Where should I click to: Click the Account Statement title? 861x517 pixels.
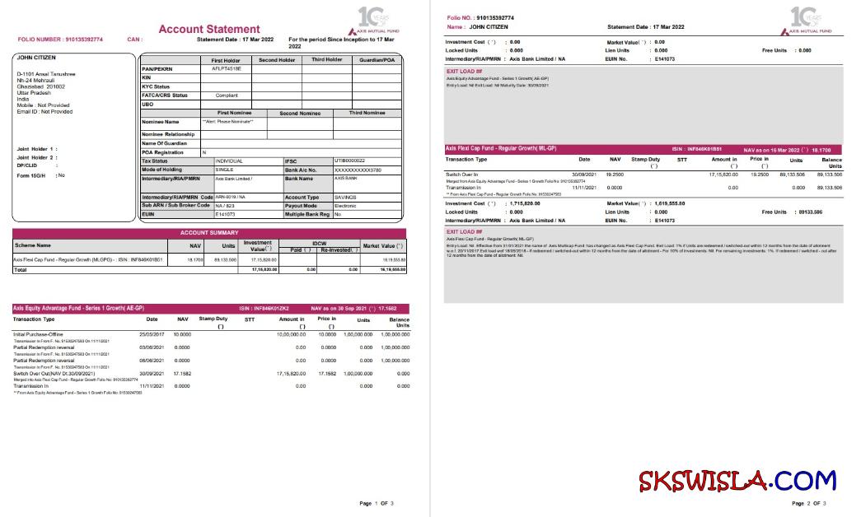click(208, 30)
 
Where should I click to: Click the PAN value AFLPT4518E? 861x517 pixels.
click(227, 69)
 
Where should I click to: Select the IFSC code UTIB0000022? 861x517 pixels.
click(349, 161)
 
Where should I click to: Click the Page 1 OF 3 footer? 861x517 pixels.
click(377, 502)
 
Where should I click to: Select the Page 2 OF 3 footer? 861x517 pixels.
click(808, 502)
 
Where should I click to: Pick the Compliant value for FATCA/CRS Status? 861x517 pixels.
click(227, 95)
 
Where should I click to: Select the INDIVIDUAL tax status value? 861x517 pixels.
click(230, 161)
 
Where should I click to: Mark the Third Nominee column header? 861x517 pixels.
click(367, 113)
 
